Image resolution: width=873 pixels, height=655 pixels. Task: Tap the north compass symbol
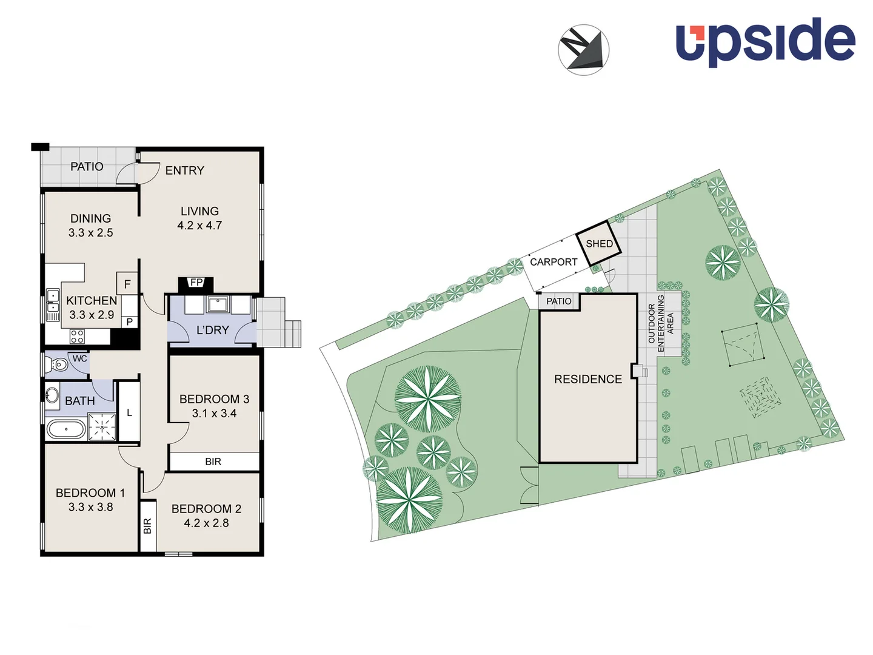pyautogui.click(x=583, y=50)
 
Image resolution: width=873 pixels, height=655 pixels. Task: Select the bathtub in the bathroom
pyautogui.click(x=66, y=429)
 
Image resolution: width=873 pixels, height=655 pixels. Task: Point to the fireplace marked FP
pyautogui.click(x=196, y=283)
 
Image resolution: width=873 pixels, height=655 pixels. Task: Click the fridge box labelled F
pyautogui.click(x=127, y=283)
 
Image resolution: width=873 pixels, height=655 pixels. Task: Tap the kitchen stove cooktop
pyautogui.click(x=77, y=336)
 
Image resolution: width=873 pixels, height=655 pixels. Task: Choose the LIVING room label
pyautogui.click(x=199, y=211)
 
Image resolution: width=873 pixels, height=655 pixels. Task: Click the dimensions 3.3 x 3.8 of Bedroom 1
pyautogui.click(x=90, y=507)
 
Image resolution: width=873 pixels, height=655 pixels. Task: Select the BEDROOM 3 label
pyautogui.click(x=214, y=399)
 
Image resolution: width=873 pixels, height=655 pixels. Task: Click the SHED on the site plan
pyautogui.click(x=599, y=244)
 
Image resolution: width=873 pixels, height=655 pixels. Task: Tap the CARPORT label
pyautogui.click(x=553, y=262)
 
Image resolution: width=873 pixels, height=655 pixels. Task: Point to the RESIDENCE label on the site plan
pyautogui.click(x=587, y=379)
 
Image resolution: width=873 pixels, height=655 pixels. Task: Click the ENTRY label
pyautogui.click(x=184, y=170)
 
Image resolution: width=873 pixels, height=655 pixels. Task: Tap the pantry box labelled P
pyautogui.click(x=129, y=322)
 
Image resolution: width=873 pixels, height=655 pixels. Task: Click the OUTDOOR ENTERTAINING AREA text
pyautogui.click(x=661, y=323)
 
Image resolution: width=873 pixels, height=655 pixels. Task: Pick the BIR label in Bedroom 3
pyautogui.click(x=213, y=462)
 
